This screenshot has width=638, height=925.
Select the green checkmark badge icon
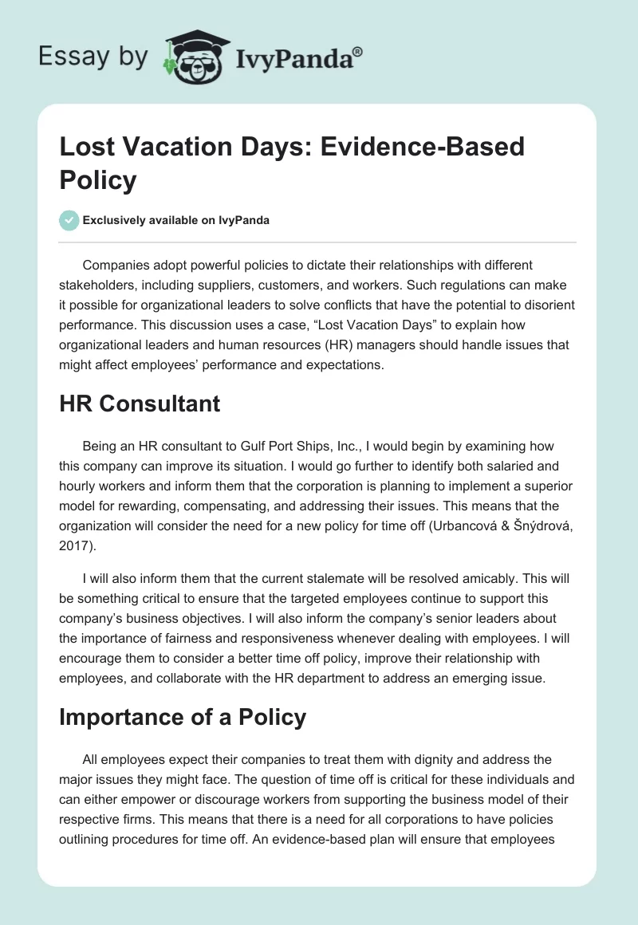(x=69, y=220)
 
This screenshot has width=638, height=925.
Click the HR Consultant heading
(x=140, y=404)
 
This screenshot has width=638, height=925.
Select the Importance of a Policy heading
(x=183, y=717)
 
